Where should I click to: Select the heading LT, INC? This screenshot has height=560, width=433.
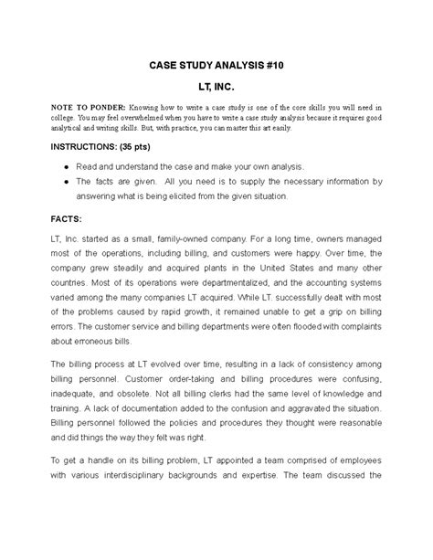pos(216,85)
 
